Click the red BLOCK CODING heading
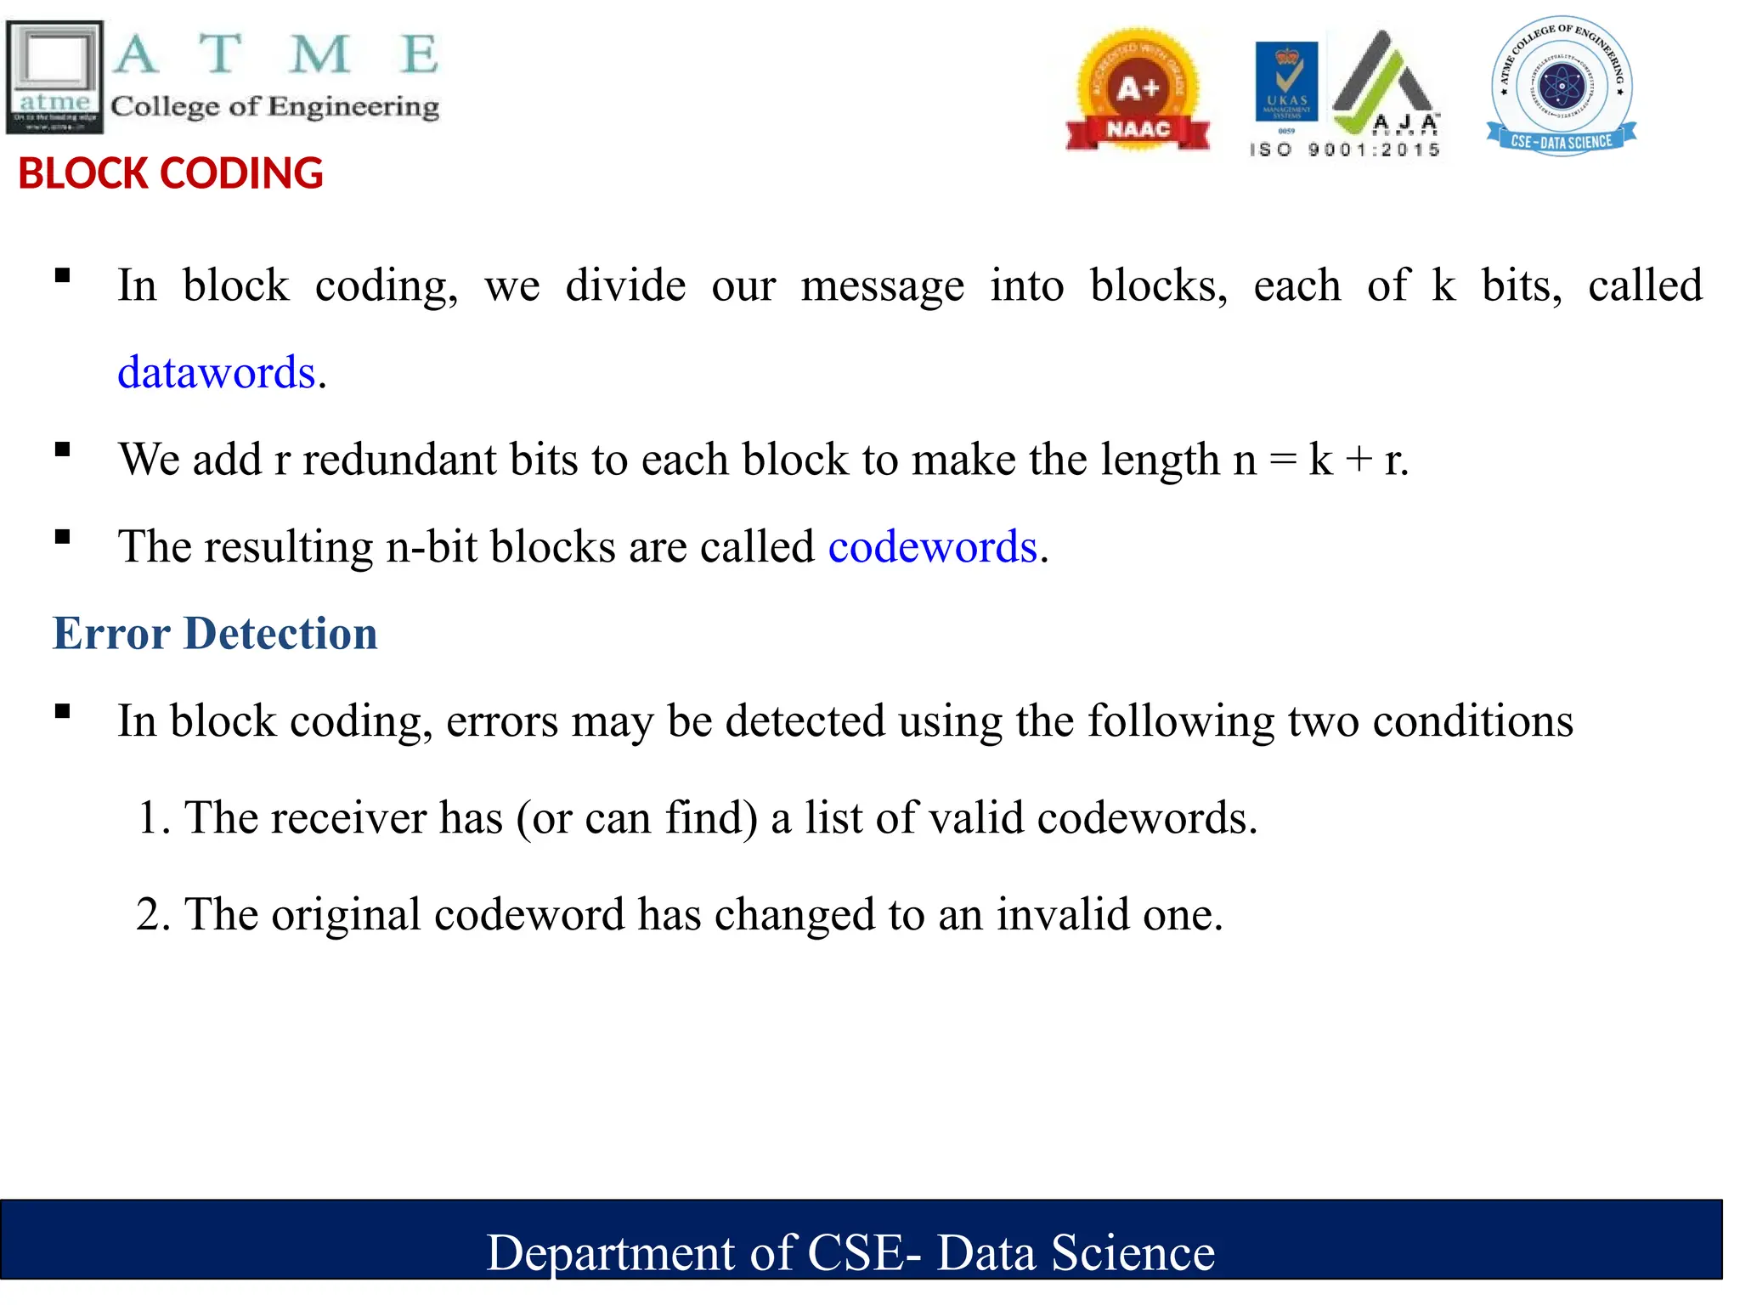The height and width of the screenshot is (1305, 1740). click(171, 173)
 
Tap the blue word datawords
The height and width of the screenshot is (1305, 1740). click(217, 373)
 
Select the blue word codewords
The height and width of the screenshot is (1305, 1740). click(933, 546)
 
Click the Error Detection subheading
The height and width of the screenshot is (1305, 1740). click(215, 634)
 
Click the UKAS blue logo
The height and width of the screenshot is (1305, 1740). click(1286, 82)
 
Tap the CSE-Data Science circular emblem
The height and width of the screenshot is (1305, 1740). click(1562, 86)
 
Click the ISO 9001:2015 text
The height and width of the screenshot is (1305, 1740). click(1345, 150)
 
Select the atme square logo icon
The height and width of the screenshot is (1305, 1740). click(55, 76)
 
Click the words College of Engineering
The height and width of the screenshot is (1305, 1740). click(274, 107)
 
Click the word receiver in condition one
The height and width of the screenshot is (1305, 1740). click(348, 818)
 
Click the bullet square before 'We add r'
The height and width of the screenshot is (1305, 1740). click(62, 449)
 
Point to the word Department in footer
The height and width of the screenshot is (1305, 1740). click(610, 1253)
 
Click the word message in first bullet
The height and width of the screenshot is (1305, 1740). click(882, 286)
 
